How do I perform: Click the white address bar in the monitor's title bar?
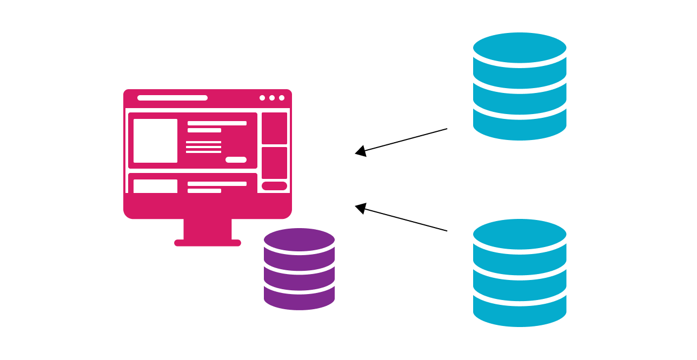[x=172, y=98]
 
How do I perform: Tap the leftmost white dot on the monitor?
[x=262, y=98]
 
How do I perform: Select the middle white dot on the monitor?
[x=272, y=98]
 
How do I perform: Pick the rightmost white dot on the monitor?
[x=282, y=98]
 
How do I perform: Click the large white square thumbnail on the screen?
[x=155, y=141]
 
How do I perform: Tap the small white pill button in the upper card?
[x=236, y=159]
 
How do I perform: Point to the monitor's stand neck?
[x=208, y=229]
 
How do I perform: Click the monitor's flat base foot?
[x=208, y=243]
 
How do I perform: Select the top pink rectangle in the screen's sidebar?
[x=274, y=128]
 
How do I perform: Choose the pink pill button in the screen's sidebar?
[x=274, y=186]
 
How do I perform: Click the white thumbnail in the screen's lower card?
[x=155, y=186]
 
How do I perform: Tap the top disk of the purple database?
[x=299, y=239]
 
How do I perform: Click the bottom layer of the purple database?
[x=299, y=300]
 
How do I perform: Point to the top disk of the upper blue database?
[x=520, y=48]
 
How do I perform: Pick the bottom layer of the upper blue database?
[x=520, y=128]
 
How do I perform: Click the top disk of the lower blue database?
[x=520, y=234]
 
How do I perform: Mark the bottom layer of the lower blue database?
[x=520, y=314]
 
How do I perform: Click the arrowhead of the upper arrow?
[x=361, y=151]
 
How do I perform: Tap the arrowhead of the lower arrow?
[x=361, y=208]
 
